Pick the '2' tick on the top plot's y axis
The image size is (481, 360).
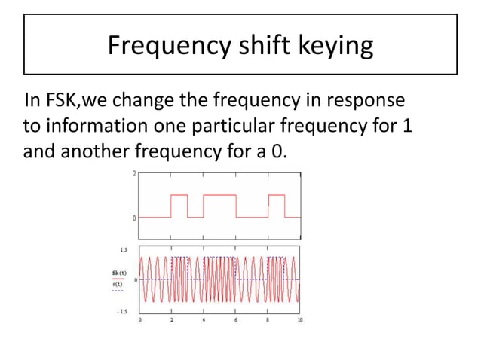(134, 173)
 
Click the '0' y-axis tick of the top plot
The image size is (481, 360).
(134, 218)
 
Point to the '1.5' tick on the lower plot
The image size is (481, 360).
(122, 249)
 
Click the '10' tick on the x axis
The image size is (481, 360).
(300, 319)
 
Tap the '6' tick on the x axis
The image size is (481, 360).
(236, 319)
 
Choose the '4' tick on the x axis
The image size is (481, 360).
(204, 319)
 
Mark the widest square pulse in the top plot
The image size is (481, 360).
(219, 206)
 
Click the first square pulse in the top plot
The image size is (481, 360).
(179, 206)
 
